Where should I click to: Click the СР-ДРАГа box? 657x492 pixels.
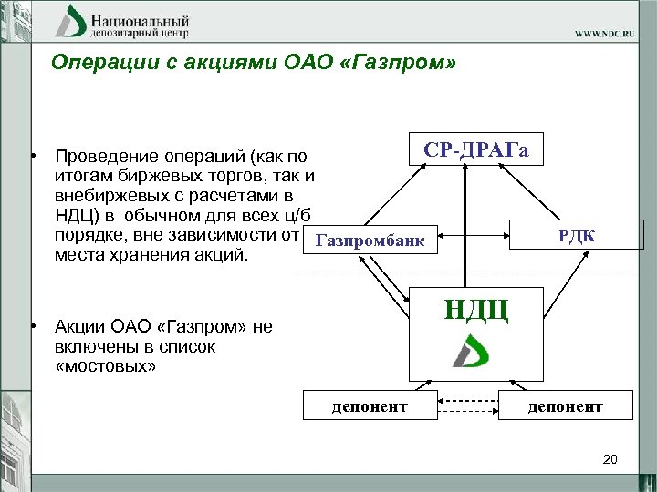(475, 150)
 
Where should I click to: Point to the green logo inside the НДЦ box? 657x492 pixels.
(472, 351)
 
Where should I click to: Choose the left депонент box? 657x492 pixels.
(370, 405)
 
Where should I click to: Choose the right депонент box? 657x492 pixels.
(566, 405)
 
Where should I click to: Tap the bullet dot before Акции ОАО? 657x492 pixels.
(32, 325)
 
